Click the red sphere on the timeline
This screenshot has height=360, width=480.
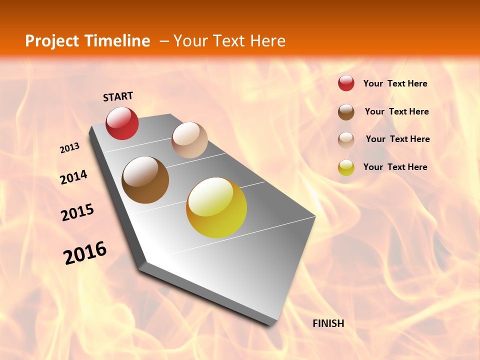click(122, 123)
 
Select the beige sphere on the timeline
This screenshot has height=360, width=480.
click(189, 140)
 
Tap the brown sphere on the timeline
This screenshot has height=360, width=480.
click(145, 180)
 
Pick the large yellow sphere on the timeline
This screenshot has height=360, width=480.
click(216, 207)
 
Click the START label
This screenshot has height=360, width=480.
click(118, 96)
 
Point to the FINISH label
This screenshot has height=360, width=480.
click(328, 323)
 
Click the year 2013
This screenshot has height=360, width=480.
click(70, 148)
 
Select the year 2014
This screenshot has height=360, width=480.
click(73, 177)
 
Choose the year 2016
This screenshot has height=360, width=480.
click(85, 253)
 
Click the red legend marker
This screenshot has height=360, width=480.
click(346, 83)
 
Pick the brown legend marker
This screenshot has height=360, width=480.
click(346, 112)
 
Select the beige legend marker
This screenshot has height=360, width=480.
click(346, 139)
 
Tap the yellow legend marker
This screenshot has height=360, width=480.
click(346, 167)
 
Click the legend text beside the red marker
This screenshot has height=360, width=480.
click(395, 83)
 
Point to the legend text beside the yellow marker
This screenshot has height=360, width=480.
click(395, 167)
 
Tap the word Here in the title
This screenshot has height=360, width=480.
click(267, 41)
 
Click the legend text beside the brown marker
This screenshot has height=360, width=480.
click(396, 111)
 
